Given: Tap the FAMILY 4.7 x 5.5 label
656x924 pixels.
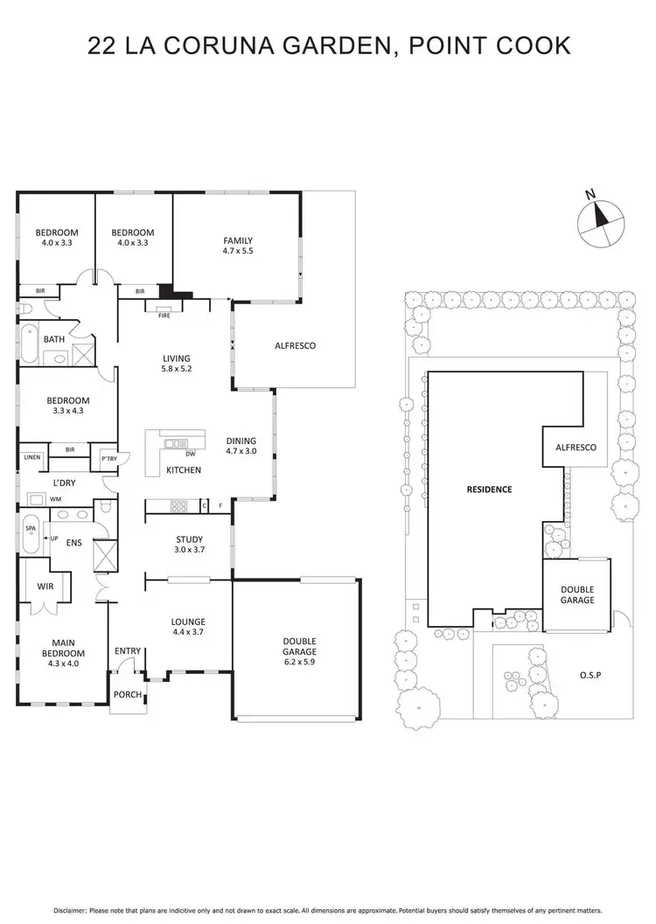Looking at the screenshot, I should coord(238,246).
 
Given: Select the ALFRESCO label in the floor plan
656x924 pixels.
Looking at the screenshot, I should coord(295,345).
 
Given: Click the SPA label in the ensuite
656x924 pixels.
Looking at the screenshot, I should coord(31,529).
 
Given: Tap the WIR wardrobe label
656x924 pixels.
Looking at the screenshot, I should coord(45,587).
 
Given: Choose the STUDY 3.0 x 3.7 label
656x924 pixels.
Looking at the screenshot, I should coord(189,544).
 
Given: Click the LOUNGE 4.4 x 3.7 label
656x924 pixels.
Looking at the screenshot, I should coord(188,628).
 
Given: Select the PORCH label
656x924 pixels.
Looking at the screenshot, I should coord(129,695).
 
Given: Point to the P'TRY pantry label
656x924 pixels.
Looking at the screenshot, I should coord(109,458).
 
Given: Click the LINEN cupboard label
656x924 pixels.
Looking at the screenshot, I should coord(32,456).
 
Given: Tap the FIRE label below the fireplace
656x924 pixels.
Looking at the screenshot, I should coord(164,316).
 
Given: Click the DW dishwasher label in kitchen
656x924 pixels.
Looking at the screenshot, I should coord(190,453).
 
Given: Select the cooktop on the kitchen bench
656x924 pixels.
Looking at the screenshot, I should coord(178,504).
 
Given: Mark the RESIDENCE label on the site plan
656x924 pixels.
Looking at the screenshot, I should coord(489,490).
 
